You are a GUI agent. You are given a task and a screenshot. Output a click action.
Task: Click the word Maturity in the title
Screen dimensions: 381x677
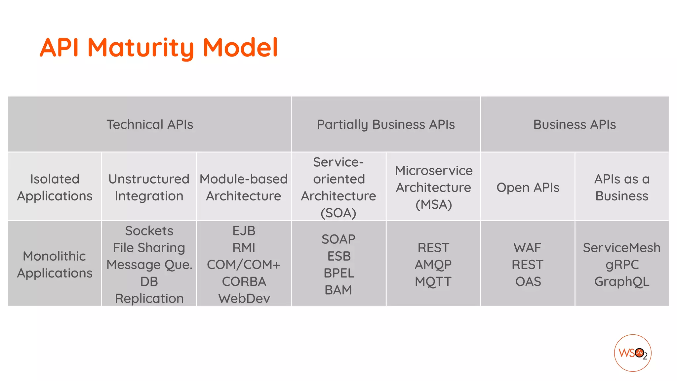141,48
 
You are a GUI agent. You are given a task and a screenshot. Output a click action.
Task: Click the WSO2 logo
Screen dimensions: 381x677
632,353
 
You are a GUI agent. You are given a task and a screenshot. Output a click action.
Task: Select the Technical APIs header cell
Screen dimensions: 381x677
149,125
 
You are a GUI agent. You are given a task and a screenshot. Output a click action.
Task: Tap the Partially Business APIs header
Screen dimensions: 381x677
386,125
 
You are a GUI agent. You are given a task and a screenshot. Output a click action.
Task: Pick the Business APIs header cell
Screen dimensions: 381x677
575,125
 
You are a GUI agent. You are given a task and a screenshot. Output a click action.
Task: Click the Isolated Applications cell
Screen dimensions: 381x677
55,187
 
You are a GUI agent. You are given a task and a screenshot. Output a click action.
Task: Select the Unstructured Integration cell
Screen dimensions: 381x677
149,187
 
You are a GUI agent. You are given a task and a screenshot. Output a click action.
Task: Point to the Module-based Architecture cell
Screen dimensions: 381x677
244,187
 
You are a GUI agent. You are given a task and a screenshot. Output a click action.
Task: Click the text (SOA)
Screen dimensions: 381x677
338,213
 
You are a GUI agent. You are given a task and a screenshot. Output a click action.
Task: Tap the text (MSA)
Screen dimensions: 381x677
433,204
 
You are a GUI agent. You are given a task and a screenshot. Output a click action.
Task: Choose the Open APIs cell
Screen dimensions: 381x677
528,188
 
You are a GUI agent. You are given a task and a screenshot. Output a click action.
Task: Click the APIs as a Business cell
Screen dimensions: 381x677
622,187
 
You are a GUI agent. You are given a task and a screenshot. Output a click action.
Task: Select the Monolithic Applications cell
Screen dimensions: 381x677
55,264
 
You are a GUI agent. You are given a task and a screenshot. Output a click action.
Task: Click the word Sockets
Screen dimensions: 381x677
149,231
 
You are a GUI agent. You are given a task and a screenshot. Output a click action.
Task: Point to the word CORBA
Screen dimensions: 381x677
244,281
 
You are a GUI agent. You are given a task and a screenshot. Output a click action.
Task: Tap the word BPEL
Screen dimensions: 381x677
339,273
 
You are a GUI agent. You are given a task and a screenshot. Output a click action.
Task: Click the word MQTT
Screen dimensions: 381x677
433,281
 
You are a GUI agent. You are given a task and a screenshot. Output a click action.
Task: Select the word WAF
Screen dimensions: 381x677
528,248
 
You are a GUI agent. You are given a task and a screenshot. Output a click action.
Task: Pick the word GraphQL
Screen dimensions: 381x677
622,281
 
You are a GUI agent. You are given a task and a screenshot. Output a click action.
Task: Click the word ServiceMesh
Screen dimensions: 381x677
621,248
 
